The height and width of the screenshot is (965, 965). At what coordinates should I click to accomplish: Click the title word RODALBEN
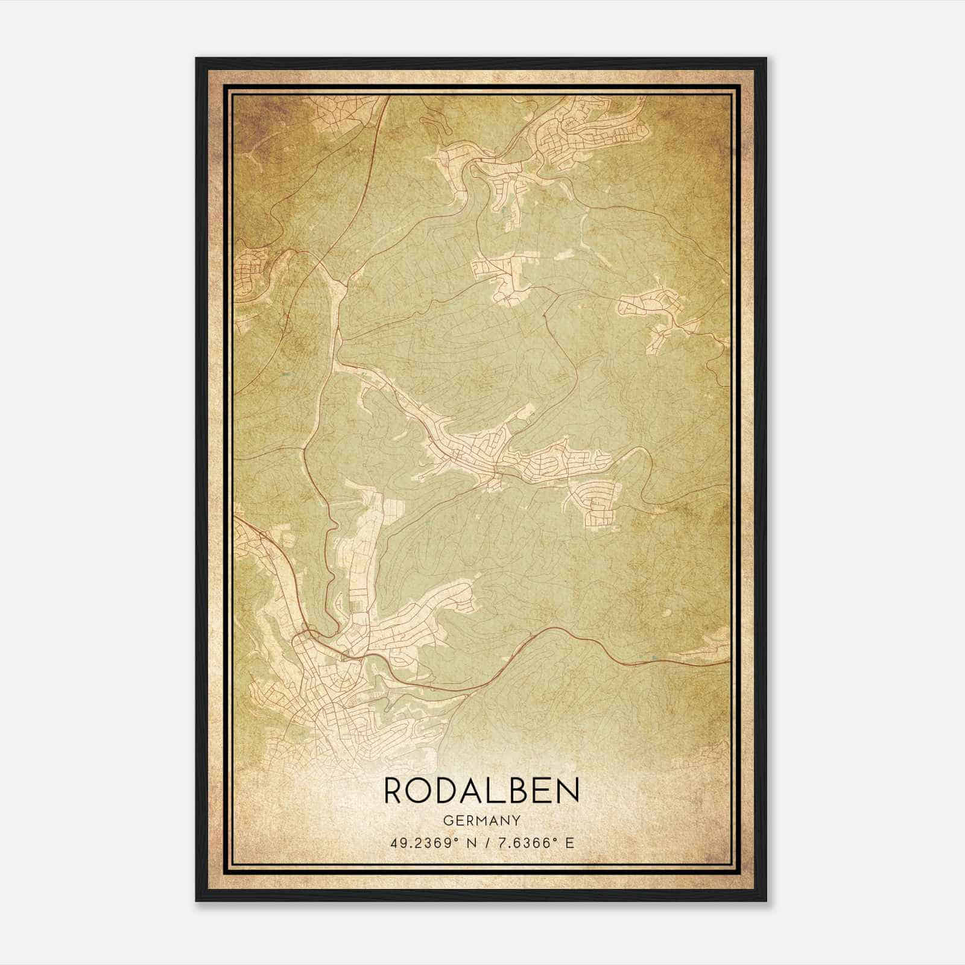[x=481, y=790]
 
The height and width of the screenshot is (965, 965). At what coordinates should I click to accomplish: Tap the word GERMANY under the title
[x=481, y=820]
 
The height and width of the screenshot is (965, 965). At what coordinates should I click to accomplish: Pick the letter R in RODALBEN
[x=394, y=790]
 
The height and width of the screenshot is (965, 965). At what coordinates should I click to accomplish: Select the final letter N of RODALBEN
[x=568, y=790]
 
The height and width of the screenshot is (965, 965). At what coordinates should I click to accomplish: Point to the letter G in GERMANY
[x=448, y=820]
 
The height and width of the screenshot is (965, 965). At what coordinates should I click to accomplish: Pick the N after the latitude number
[x=476, y=843]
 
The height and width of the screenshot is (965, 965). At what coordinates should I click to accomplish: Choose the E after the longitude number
[x=570, y=843]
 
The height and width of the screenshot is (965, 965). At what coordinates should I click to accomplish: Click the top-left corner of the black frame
[x=197, y=59]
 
